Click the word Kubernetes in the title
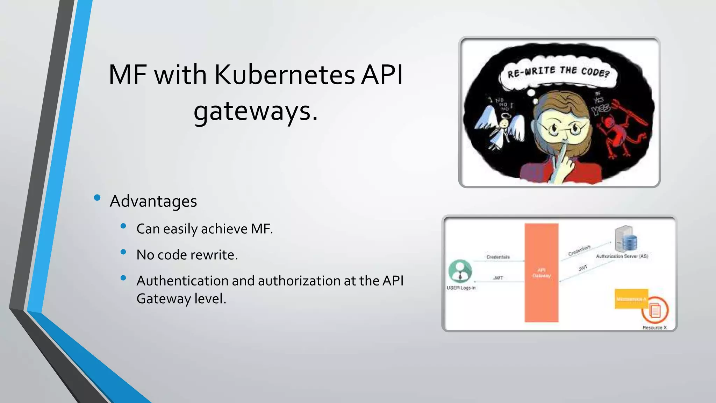285,75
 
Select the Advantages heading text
153,201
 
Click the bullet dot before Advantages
98,198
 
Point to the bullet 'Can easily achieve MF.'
205,229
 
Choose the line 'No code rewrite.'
187,255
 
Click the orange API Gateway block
541,273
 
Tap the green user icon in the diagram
460,271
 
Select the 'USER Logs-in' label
461,288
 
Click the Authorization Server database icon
626,239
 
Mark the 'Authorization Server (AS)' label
622,256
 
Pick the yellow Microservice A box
631,299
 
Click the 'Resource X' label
654,328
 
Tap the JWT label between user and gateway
498,278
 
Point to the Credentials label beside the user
498,257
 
